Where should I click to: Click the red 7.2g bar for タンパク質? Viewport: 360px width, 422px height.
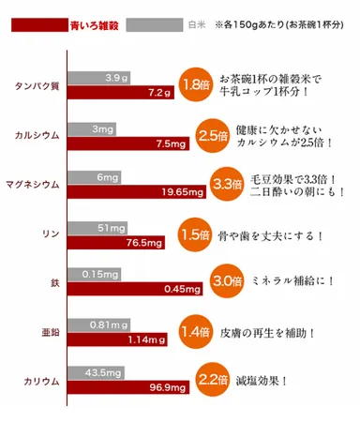121,93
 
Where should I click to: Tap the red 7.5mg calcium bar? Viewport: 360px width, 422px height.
126,143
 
